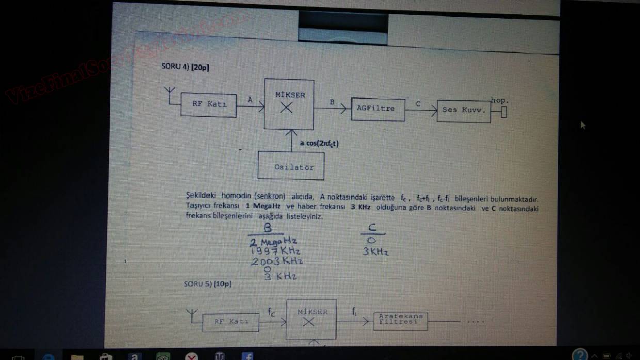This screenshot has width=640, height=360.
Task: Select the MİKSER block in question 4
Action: (289, 104)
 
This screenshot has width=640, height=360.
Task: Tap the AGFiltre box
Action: (377, 109)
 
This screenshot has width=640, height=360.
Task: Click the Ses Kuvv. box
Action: (463, 110)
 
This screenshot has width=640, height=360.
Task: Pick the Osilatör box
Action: (291, 166)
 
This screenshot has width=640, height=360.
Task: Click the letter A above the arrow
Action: (250, 100)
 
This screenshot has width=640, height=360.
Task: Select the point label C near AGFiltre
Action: (418, 104)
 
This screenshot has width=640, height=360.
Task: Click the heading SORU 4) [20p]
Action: (185, 67)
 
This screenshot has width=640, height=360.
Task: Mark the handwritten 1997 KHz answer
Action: (275, 251)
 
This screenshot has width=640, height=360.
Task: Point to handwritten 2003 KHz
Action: (277, 261)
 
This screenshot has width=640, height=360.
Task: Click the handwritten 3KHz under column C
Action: (375, 252)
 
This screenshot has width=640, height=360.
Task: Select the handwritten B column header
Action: (266, 227)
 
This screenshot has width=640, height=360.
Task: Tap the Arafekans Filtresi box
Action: (401, 320)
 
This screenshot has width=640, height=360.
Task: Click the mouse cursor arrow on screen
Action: (583, 124)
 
